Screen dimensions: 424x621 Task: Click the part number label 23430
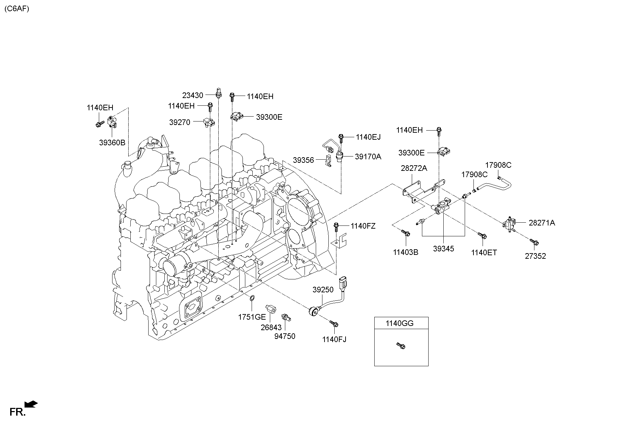(192, 95)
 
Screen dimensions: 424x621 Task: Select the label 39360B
(112, 143)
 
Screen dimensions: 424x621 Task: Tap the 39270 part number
(179, 122)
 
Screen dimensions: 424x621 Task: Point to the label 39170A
(368, 157)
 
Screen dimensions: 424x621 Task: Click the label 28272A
(414, 168)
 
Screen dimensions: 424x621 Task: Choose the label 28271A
(541, 223)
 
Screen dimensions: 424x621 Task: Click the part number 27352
(535, 256)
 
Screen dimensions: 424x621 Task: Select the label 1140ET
(484, 252)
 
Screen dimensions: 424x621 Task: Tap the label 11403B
(405, 252)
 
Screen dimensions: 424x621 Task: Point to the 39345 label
(443, 249)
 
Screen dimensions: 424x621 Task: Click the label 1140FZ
(363, 226)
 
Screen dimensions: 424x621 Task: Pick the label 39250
(323, 290)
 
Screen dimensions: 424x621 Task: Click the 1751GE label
(252, 317)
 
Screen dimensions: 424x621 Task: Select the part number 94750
(285, 336)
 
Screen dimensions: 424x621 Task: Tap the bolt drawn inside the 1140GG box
(401, 346)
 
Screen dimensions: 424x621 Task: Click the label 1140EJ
(368, 137)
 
